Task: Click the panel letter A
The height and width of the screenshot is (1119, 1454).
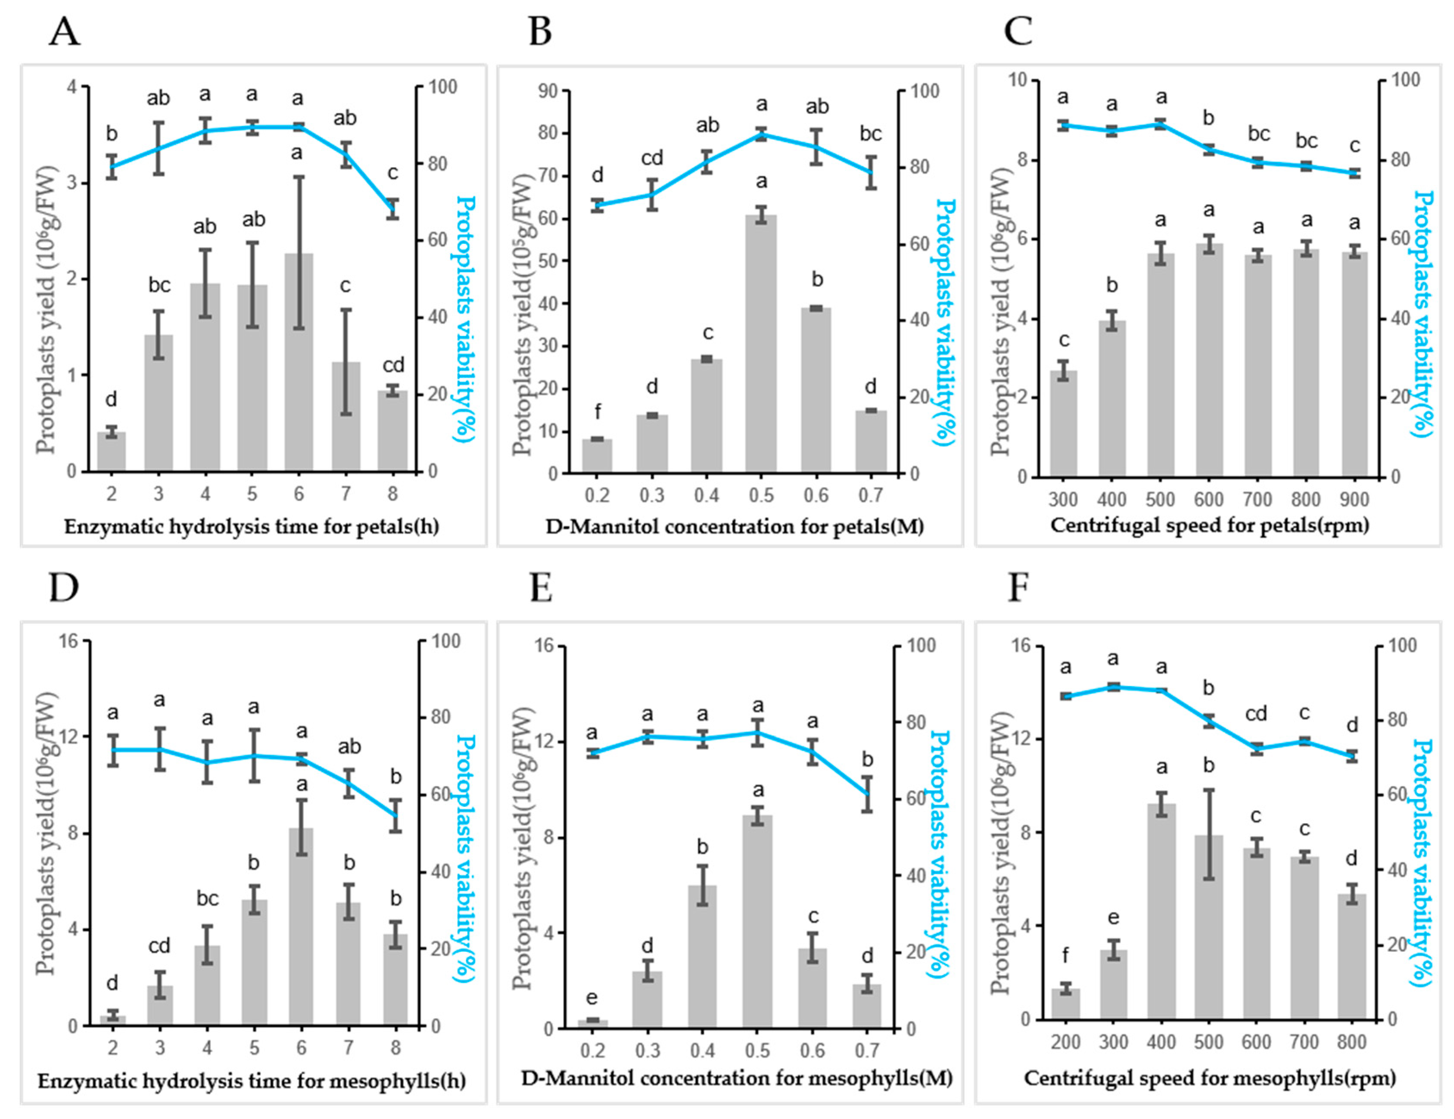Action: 65,31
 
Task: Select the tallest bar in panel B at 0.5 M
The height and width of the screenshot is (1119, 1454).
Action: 761,344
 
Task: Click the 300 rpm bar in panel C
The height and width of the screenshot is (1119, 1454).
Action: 1063,424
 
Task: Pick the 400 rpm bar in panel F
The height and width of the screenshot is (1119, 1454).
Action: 1161,911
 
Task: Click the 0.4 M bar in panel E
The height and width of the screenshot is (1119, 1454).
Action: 702,957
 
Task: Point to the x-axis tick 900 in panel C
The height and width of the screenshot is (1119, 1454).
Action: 1354,499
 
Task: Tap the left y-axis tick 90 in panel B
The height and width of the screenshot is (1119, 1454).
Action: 547,90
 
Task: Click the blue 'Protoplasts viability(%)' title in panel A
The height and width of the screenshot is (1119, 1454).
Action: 465,320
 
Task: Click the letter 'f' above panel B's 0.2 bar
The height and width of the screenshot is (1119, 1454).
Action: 598,412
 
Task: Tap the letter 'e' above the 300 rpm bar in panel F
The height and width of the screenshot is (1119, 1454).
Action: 1114,918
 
